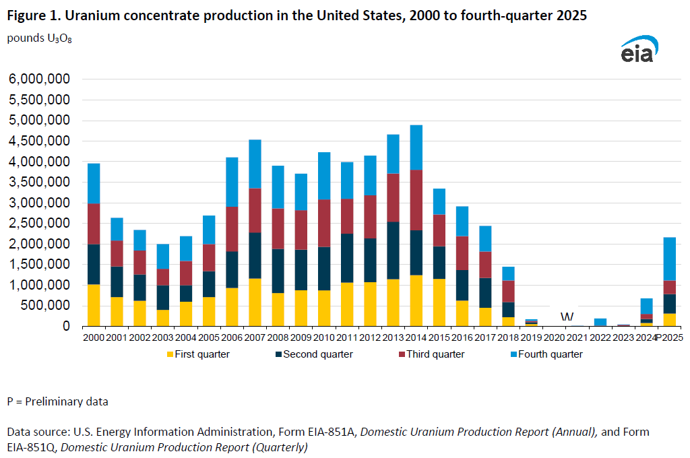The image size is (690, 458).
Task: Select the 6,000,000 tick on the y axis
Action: pos(39,79)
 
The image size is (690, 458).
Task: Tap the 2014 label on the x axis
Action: pos(416,337)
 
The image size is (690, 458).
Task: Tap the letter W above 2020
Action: pos(567,317)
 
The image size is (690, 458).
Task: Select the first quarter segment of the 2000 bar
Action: pos(93,305)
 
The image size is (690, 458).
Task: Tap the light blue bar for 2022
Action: pos(600,323)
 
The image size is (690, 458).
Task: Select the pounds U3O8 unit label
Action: pos(39,38)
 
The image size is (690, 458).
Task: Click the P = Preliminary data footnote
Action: pos(57,401)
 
